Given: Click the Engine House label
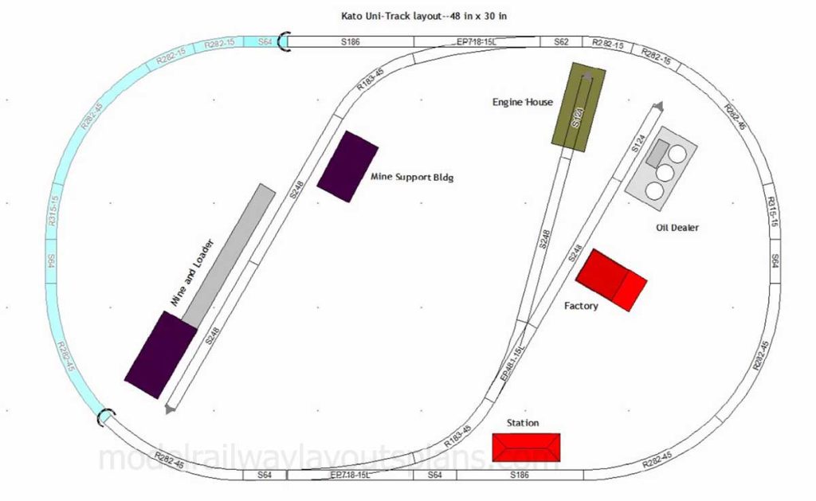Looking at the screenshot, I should coord(522,102).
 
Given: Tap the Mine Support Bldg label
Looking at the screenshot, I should coord(412,178).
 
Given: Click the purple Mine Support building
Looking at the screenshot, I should coord(347,166).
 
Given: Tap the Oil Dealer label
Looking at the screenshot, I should coord(677,228).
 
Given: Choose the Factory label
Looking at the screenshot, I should coord(581,306).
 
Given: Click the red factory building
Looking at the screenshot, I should coord(610,277).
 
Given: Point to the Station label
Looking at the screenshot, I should coord(523,423).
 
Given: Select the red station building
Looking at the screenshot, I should coord(526,447).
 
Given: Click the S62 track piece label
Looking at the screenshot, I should coord(562,40).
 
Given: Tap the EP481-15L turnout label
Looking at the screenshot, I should coord(510,364).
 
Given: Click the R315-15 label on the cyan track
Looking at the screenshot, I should coord(53,211).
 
